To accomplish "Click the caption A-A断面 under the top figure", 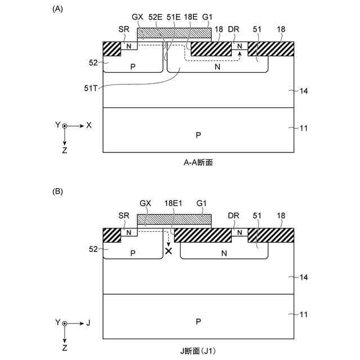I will coord(197,163).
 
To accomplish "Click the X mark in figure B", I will coord(168,251).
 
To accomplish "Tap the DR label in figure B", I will coord(234,215).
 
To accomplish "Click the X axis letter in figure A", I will coord(88,125).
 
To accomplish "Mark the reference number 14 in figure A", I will coord(303,91).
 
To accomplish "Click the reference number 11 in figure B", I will coord(303,316).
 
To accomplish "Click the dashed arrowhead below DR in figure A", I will coord(240,53).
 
